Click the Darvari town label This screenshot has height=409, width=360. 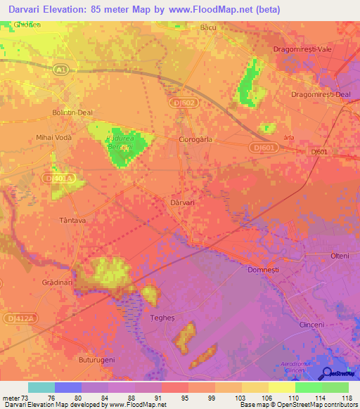182,202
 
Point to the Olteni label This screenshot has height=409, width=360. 340,256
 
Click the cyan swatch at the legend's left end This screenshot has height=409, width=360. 41,387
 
